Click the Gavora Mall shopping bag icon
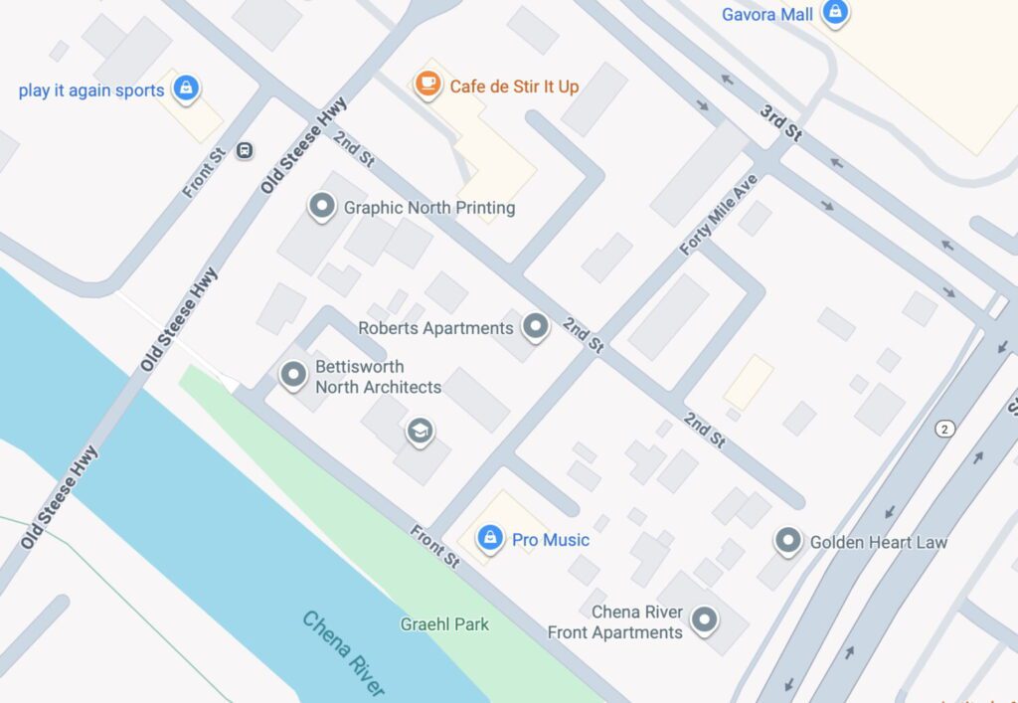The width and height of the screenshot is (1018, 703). [x=836, y=12]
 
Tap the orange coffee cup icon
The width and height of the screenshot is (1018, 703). [x=428, y=85]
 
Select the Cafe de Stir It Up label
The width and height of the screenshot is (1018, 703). [x=514, y=87]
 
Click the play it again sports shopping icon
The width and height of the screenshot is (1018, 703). [x=186, y=88]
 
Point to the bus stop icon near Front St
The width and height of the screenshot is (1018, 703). [x=245, y=150]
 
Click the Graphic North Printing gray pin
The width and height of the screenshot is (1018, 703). [x=321, y=206]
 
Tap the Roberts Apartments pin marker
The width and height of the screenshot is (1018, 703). [x=536, y=325]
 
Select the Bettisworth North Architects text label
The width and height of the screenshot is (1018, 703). [x=378, y=377]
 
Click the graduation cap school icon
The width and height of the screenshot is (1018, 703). [x=421, y=431]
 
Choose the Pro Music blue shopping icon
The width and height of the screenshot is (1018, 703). [x=489, y=538]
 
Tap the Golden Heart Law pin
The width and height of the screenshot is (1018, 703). [x=788, y=540]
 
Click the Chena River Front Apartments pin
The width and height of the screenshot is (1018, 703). [x=705, y=619]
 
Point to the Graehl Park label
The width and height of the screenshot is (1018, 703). [x=444, y=624]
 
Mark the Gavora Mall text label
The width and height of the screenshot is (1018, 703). [x=767, y=13]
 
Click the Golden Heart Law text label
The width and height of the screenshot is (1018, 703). [x=878, y=542]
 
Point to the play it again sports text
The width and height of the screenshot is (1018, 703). [x=91, y=90]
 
